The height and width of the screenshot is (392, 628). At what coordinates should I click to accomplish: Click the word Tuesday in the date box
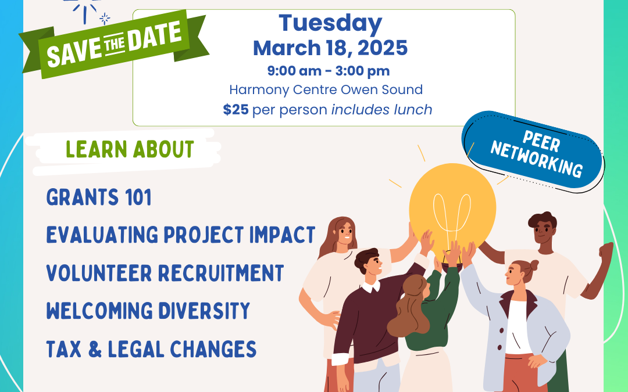click(330, 24)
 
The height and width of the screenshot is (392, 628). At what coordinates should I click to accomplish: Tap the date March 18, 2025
click(330, 48)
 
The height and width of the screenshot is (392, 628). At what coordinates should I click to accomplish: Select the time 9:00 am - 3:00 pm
click(329, 71)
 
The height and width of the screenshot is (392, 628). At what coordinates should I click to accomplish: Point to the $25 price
click(236, 109)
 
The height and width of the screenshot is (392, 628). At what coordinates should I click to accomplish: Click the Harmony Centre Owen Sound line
click(326, 89)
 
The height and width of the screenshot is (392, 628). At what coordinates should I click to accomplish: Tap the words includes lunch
click(381, 109)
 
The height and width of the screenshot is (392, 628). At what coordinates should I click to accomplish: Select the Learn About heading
click(130, 150)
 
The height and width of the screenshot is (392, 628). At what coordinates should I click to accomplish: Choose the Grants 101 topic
click(99, 197)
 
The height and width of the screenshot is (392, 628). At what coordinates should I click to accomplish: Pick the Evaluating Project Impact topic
click(181, 235)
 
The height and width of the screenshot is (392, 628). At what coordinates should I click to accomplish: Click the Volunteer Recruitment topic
click(165, 273)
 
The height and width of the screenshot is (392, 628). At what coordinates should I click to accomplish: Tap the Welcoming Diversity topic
click(148, 311)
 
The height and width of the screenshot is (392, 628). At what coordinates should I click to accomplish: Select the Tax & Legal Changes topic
click(151, 349)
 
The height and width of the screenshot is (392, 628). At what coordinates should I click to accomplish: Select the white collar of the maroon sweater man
click(371, 286)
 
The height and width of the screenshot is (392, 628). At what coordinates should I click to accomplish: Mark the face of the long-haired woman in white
click(344, 234)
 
